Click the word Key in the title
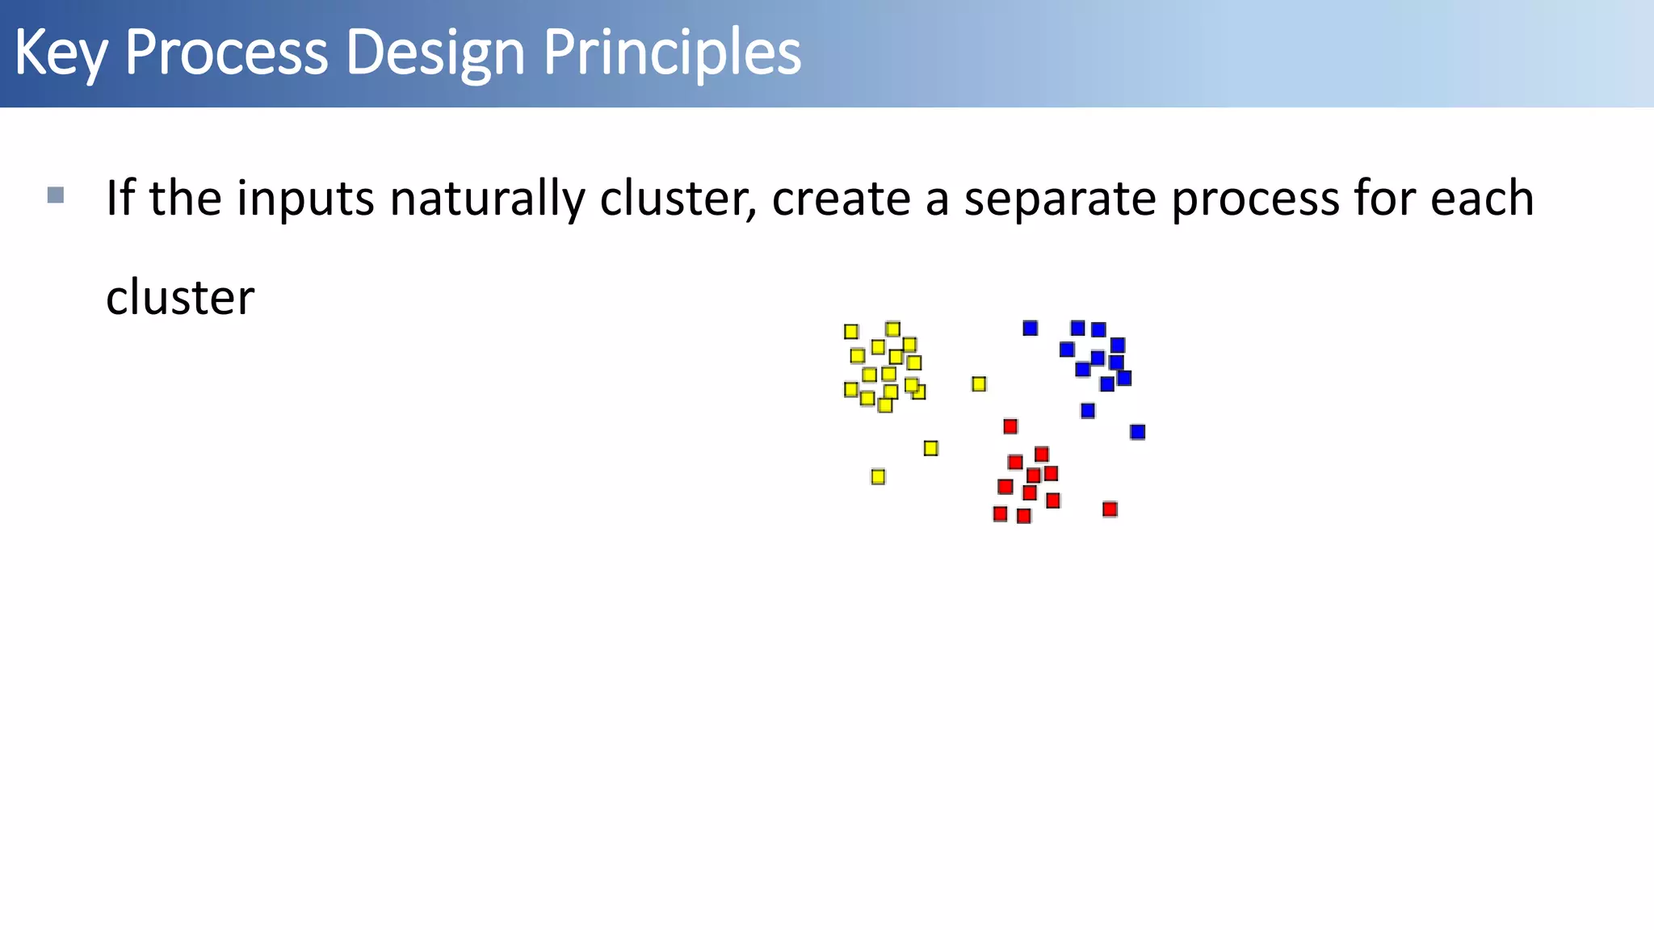(x=60, y=53)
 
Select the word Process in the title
(x=226, y=53)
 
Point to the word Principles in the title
(x=672, y=53)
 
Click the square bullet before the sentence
(x=56, y=195)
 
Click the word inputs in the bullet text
(x=305, y=199)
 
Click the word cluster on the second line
(x=180, y=298)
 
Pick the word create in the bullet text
(x=841, y=199)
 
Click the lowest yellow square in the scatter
(x=878, y=477)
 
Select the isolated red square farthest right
(x=1110, y=509)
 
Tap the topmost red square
(x=1010, y=426)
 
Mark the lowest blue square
(x=1137, y=432)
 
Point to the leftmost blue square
(x=1030, y=328)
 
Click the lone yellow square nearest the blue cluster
(x=979, y=384)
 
